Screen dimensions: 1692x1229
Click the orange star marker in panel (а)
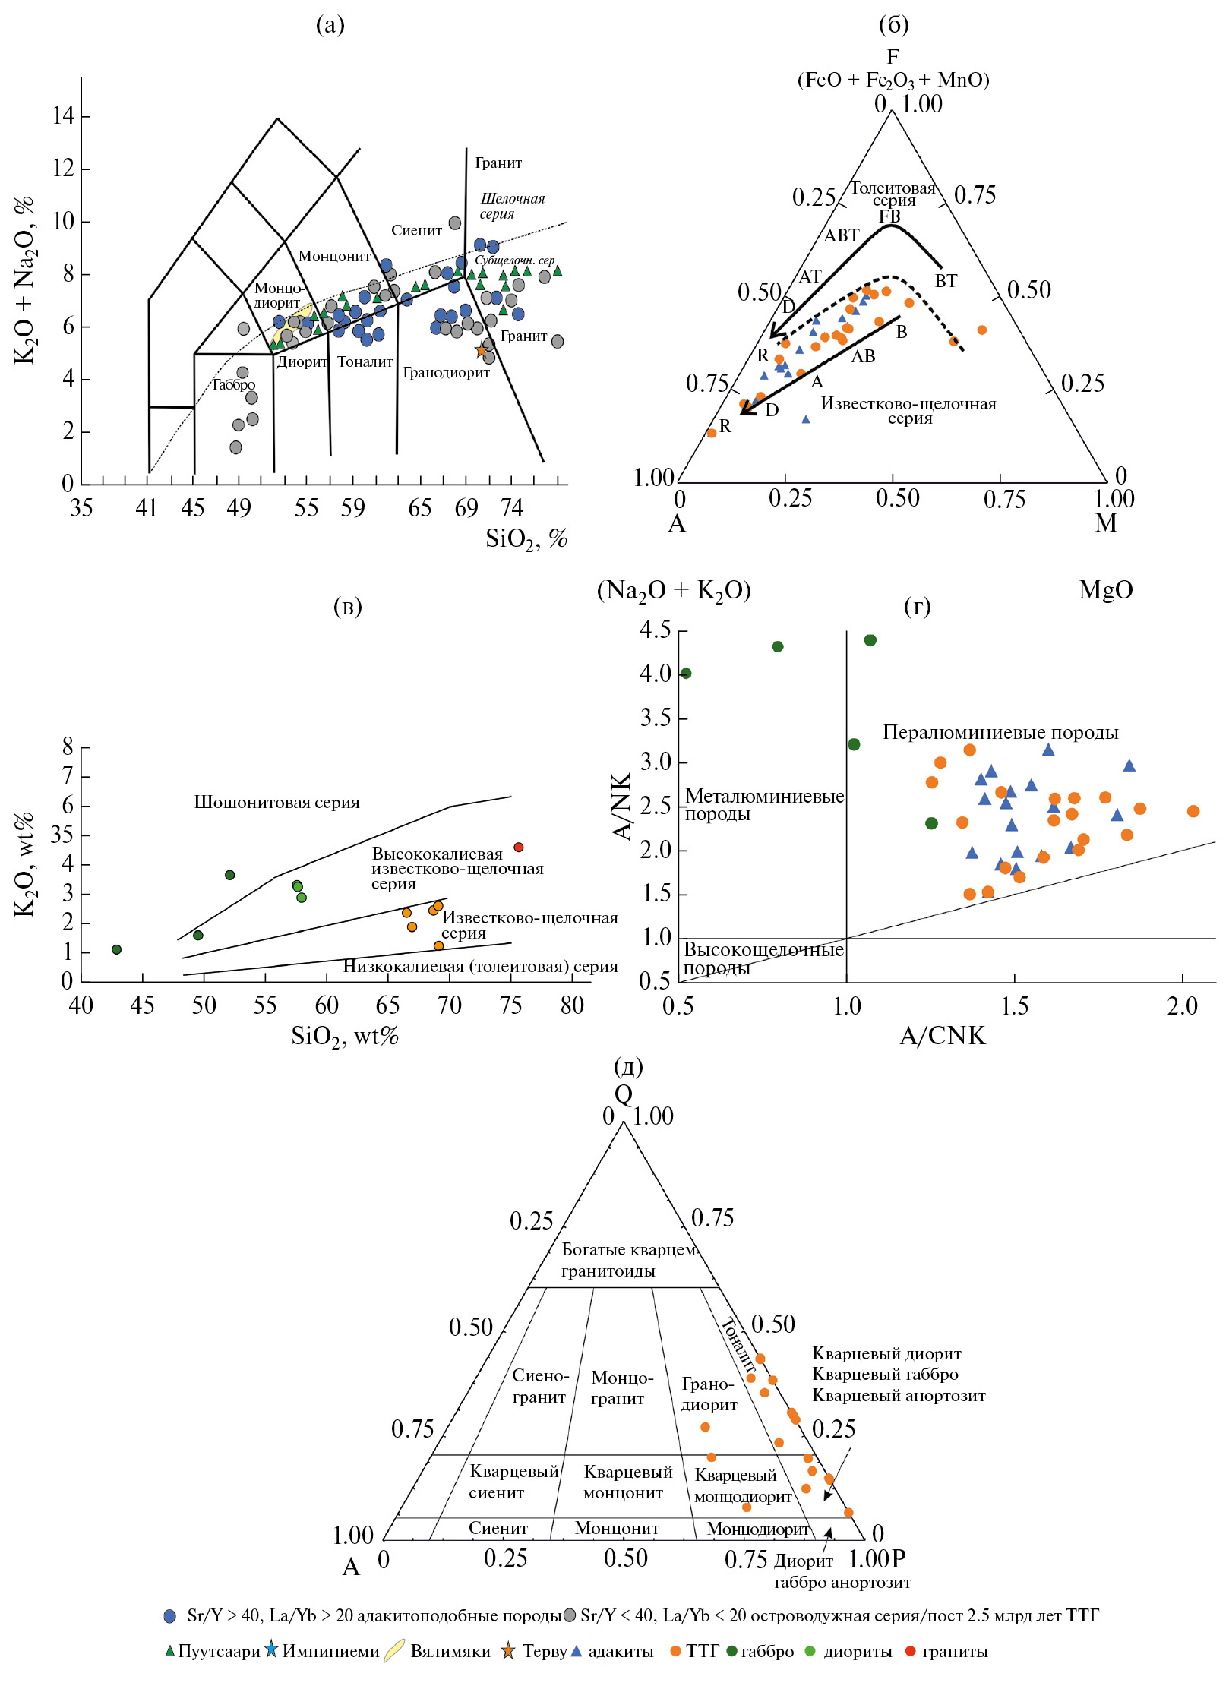481,350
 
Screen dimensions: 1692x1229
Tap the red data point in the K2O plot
519,847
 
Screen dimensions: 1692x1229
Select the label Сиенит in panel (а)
416,230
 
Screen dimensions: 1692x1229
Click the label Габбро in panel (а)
233,384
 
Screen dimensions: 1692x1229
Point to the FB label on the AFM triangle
889,216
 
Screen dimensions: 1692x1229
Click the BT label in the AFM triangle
946,281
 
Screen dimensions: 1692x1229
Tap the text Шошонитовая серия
276,802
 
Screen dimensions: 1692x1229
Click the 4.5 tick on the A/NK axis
655,630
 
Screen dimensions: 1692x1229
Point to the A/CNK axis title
942,1035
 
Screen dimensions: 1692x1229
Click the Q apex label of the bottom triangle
623,1094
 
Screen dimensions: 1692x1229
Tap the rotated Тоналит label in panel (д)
738,1345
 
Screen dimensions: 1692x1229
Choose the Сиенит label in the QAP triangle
498,1527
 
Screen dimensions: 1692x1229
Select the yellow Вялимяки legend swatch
393,1651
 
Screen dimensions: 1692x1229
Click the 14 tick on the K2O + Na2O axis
63,116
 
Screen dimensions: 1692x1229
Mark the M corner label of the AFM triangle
1106,522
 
